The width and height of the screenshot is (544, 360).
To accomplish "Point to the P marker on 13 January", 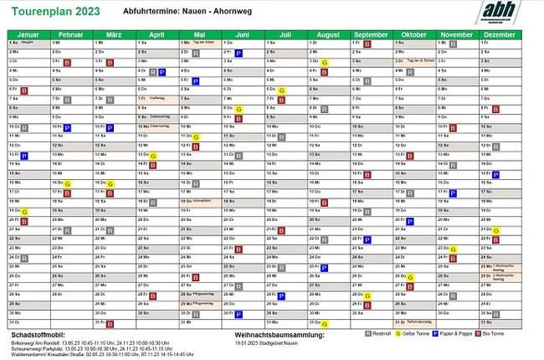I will click(24, 156).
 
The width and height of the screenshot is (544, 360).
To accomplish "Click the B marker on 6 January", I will click(24, 90).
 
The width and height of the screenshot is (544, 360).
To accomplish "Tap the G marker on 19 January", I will click(24, 212).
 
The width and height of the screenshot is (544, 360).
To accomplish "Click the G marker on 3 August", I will click(324, 63).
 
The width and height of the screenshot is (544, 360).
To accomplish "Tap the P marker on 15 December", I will click(495, 175).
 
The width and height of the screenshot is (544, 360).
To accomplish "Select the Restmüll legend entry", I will click(377, 333).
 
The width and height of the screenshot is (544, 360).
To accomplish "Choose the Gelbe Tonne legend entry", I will click(416, 333).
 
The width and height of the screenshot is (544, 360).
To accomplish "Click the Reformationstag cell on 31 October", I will click(413, 322).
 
